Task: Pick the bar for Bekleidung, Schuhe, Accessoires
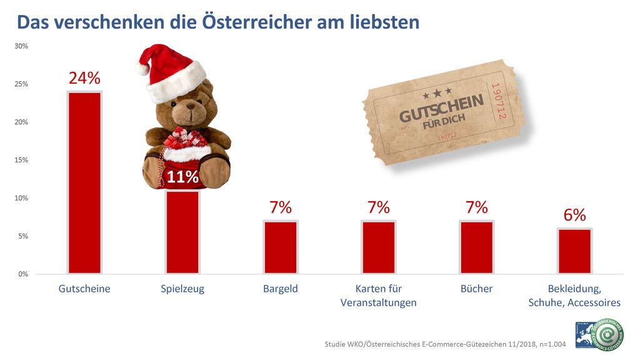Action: tap(574, 251)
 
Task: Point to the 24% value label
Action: tap(84, 78)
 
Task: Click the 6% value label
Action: tap(574, 215)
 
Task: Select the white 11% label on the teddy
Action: tap(182, 177)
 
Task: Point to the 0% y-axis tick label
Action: tap(23, 274)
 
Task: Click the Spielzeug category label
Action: tap(182, 289)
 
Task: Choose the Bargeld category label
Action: tap(281, 289)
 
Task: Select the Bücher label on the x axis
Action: tap(476, 289)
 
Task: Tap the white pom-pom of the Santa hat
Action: tap(142, 67)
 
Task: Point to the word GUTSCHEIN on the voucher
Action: tap(441, 109)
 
